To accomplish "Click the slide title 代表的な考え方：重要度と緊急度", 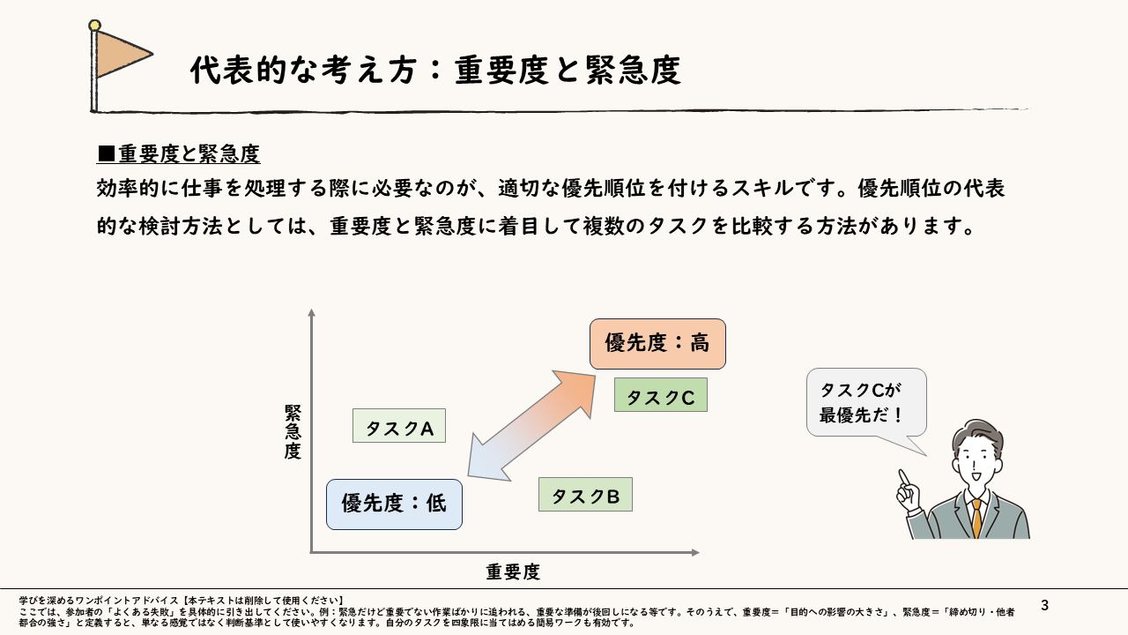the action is [x=435, y=71].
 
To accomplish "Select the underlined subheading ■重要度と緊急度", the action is [x=178, y=154].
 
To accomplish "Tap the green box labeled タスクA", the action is [x=398, y=427].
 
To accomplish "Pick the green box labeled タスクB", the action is [x=585, y=495].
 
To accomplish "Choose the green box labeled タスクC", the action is [x=660, y=396].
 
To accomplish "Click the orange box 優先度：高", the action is [x=657, y=343].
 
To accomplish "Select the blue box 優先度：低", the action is [x=394, y=504].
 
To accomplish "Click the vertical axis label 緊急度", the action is [x=293, y=432].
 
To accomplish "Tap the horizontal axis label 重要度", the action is [x=513, y=571].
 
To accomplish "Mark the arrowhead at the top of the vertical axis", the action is [x=311, y=313].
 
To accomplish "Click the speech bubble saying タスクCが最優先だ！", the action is [x=866, y=402].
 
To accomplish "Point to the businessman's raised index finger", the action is [x=902, y=477].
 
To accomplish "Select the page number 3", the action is [x=1045, y=606].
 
